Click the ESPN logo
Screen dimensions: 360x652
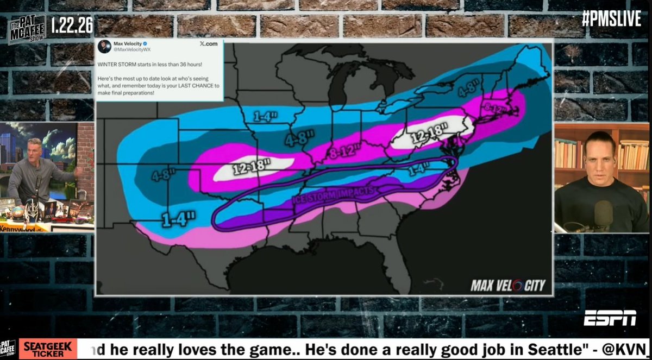pyautogui.click(x=610, y=318)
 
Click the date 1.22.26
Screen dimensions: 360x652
pyautogui.click(x=72, y=24)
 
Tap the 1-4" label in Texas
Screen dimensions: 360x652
pyautogui.click(x=178, y=219)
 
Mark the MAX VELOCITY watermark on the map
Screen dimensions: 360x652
pyautogui.click(x=507, y=285)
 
